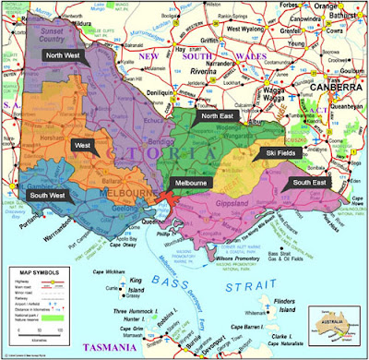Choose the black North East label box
(218, 116)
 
